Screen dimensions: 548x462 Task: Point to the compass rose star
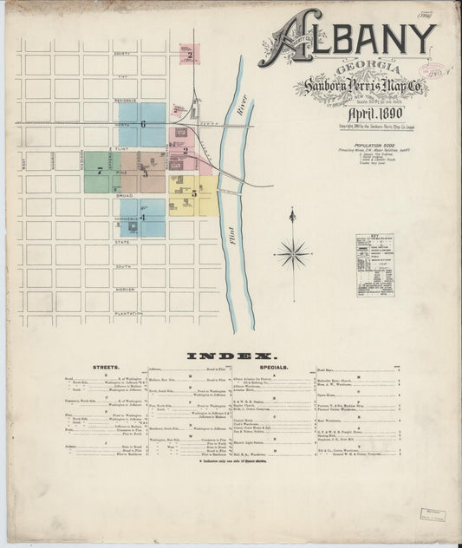pyautogui.click(x=292, y=253)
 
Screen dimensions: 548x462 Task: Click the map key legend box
pyautogui.click(x=374, y=265)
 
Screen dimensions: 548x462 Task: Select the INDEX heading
pyautogui.click(x=231, y=356)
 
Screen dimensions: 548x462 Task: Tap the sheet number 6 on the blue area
pyautogui.click(x=142, y=124)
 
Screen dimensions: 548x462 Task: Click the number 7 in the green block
pyautogui.click(x=100, y=171)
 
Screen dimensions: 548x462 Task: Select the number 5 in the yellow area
pyautogui.click(x=194, y=193)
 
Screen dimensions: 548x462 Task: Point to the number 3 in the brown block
pyautogui.click(x=145, y=173)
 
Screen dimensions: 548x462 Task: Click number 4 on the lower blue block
pyautogui.click(x=142, y=218)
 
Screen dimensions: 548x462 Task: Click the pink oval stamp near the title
pyautogui.click(x=430, y=70)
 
